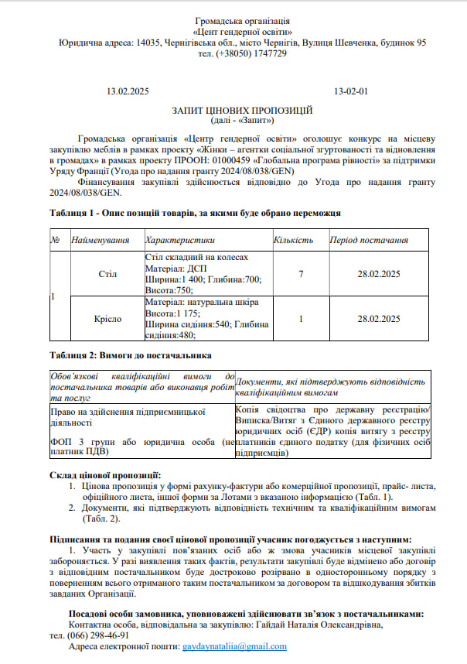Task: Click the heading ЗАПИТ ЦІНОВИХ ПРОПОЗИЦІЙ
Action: (x=242, y=111)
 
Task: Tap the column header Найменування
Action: (x=100, y=240)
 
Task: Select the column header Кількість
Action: (x=294, y=240)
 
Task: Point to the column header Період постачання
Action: (x=369, y=240)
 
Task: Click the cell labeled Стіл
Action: (x=107, y=274)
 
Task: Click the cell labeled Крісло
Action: (x=107, y=318)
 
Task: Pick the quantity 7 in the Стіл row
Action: (x=300, y=274)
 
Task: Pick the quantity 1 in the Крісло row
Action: (x=300, y=318)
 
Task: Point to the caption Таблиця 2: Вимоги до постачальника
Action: (x=130, y=356)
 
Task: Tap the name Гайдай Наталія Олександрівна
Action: (x=316, y=624)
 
